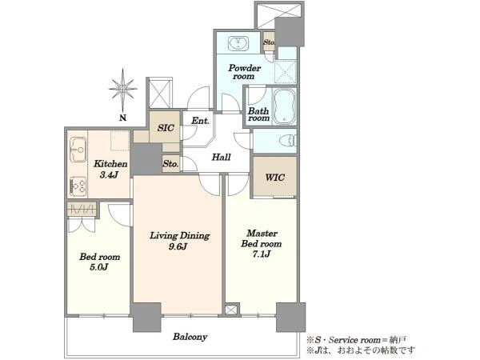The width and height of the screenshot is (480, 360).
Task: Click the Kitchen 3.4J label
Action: point(110,169)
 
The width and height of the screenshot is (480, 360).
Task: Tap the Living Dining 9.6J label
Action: point(179,241)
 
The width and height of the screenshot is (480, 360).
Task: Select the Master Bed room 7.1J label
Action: point(262,244)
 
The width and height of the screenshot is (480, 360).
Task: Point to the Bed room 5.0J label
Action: point(99,262)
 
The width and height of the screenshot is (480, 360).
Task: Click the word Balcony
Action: point(190,337)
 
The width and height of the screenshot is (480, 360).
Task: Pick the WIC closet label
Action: point(274,178)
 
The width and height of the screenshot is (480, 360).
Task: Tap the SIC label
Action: point(166,128)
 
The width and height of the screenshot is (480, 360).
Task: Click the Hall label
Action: point(221,158)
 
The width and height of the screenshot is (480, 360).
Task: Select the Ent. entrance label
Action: point(200,121)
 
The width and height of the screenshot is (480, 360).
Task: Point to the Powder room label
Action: point(244,72)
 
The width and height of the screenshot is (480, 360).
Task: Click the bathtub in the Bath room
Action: point(284,106)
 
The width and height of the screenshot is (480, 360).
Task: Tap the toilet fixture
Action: point(288,141)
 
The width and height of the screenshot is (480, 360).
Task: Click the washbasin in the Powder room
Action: point(238,43)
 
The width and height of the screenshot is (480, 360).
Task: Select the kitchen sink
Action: point(78,150)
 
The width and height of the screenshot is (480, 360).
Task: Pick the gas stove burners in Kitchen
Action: point(78,186)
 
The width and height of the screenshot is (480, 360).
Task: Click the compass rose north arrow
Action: point(123,90)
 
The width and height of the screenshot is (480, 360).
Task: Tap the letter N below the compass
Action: point(122,118)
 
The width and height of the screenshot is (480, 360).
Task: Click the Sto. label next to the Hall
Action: point(170,164)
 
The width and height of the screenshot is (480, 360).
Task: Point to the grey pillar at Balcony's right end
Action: point(290,317)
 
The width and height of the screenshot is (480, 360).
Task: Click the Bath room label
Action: point(258,114)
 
